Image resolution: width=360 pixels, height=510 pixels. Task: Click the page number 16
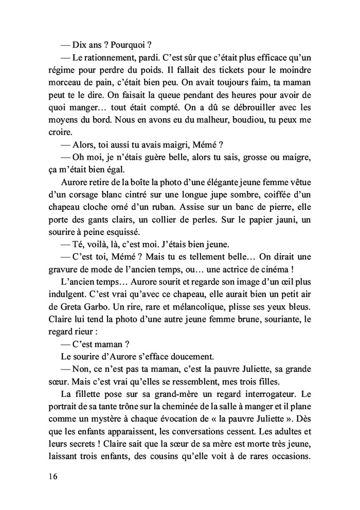(50, 476)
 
